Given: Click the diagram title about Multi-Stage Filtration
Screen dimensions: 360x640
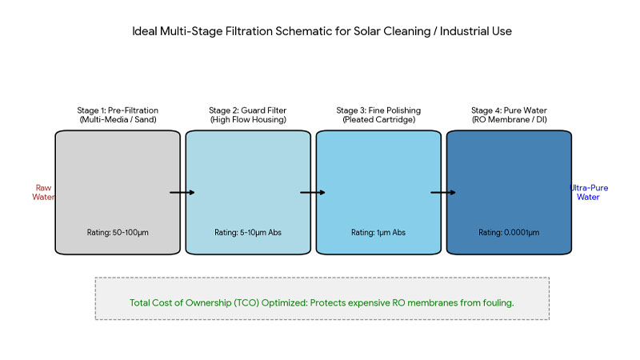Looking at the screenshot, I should [320, 34].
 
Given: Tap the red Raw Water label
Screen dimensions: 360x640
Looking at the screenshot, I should [43, 192].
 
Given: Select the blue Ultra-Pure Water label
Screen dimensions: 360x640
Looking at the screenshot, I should [588, 192].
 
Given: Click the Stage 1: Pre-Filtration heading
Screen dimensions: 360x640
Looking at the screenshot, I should [118, 110].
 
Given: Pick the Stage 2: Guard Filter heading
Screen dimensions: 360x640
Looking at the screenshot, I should [248, 110].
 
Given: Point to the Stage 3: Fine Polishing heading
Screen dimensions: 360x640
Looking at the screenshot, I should [378, 110].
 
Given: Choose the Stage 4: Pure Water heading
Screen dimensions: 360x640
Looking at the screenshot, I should [509, 110].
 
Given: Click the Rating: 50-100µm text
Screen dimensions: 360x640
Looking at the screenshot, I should [118, 233].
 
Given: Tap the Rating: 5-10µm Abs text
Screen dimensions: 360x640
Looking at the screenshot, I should [248, 233].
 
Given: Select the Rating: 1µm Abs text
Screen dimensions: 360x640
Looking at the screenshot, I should [378, 233].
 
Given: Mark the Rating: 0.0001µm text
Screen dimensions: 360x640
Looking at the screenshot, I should [509, 233].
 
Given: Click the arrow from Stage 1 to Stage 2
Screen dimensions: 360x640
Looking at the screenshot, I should [182, 193].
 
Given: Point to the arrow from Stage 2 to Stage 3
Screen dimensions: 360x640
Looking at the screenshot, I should [313, 193].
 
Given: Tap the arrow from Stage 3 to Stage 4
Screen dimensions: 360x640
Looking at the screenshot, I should [443, 193].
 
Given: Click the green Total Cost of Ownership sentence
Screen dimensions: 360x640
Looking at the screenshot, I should [322, 304].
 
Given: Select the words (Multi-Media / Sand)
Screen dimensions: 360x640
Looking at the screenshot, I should [118, 120].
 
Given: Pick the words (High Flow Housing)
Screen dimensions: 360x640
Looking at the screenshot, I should [248, 120].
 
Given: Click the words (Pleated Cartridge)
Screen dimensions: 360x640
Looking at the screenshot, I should [378, 120].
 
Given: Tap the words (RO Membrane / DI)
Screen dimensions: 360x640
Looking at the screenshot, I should [509, 120].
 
